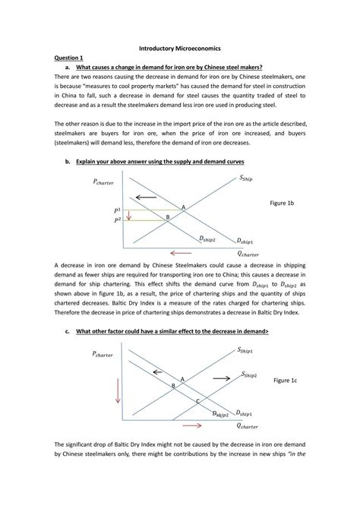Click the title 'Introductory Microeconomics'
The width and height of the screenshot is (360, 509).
click(179, 46)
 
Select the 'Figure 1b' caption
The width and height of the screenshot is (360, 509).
click(283, 204)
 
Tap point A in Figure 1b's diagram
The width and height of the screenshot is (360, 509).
click(183, 207)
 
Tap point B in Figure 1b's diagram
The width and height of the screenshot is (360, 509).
click(168, 217)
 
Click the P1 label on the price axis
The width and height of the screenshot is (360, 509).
click(118, 210)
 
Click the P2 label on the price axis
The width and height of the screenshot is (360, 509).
click(118, 220)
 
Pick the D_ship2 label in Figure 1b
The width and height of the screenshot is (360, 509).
click(207, 239)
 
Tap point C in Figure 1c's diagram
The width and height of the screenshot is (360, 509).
click(197, 400)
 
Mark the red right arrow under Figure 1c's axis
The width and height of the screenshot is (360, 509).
click(193, 425)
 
